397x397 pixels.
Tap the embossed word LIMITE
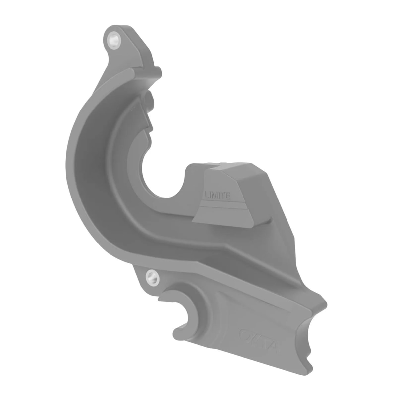point(217,195)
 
